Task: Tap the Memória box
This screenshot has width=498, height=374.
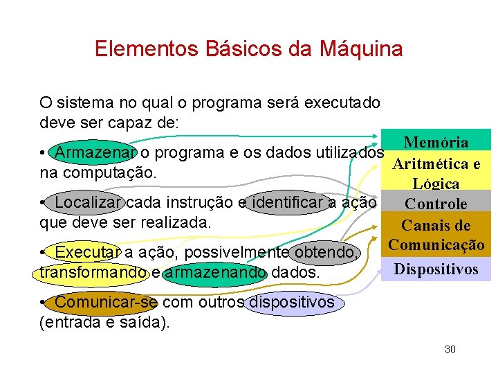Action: click(x=436, y=142)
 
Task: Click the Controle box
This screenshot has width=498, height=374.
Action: click(x=436, y=204)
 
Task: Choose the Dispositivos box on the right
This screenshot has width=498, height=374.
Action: click(x=436, y=269)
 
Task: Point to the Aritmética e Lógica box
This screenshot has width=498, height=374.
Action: click(x=436, y=173)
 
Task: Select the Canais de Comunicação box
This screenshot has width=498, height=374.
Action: click(x=436, y=235)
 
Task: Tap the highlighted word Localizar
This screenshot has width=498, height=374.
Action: click(x=89, y=203)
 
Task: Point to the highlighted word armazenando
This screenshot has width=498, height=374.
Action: click(x=216, y=273)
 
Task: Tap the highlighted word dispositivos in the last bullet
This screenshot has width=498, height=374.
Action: click(x=291, y=303)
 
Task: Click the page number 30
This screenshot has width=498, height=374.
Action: click(x=450, y=349)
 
